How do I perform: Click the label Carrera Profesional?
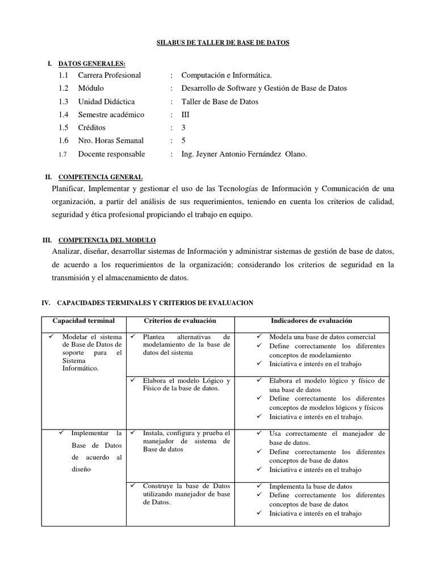click(109, 75)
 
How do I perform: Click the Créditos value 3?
click(183, 128)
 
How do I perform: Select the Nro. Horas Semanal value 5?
click(183, 141)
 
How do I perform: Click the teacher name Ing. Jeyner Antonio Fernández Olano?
click(244, 154)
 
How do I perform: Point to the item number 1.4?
click(63, 115)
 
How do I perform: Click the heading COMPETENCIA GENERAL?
click(101, 177)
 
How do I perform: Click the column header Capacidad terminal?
click(83, 321)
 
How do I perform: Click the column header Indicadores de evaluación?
click(311, 321)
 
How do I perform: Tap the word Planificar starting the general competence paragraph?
click(67, 188)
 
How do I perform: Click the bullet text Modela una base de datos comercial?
click(322, 337)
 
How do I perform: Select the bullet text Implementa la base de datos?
click(311, 486)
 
